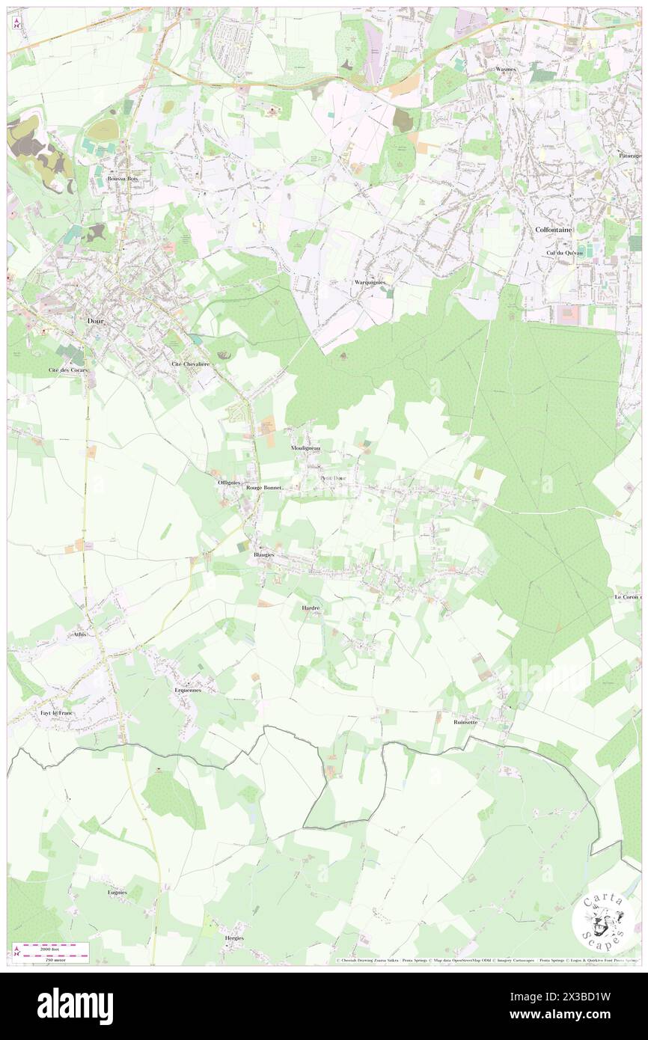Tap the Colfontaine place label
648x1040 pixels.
[554, 230]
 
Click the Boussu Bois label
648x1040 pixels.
[123, 179]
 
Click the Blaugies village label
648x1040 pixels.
[263, 555]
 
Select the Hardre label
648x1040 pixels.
[311, 608]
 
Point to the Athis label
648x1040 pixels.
[81, 634]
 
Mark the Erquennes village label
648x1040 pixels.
[188, 691]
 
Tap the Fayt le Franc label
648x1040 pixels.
[57, 713]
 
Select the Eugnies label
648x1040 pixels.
[117, 893]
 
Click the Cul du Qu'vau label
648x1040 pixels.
[560, 253]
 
